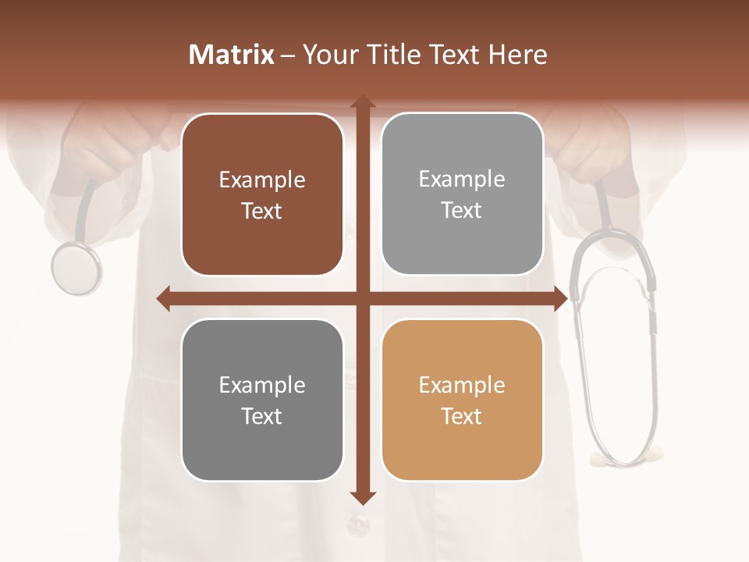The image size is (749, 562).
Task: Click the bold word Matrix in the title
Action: pyautogui.click(x=232, y=55)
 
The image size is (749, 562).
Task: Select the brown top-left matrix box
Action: pyautogui.click(x=262, y=194)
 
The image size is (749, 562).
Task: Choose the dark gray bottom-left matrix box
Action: pyautogui.click(x=262, y=400)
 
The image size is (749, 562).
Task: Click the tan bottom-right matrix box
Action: pyautogui.click(x=462, y=400)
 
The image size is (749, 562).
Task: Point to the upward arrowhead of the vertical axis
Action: pyautogui.click(x=362, y=102)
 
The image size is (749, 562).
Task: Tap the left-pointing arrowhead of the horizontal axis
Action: pyautogui.click(x=163, y=298)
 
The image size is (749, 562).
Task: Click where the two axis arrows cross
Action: pyautogui.click(x=362, y=298)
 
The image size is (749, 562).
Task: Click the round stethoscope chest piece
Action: pyautogui.click(x=76, y=269)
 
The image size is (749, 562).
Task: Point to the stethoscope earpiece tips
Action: pyautogui.click(x=625, y=457)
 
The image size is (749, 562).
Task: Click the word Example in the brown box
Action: pyautogui.click(x=262, y=180)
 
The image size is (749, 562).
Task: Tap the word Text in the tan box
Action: pyautogui.click(x=462, y=416)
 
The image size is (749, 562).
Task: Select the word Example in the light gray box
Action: pyautogui.click(x=462, y=180)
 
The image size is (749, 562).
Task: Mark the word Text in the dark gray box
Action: pyautogui.click(x=262, y=416)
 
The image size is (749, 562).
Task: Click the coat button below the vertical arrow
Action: pyautogui.click(x=360, y=525)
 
